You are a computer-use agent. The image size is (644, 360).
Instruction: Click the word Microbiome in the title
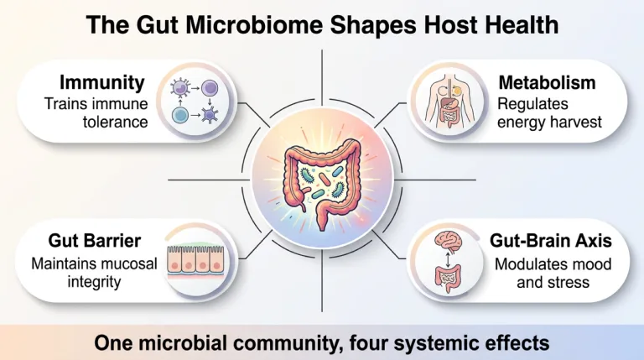tap(254, 25)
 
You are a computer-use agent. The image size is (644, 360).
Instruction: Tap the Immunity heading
tap(102, 82)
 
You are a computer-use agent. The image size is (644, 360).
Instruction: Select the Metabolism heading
tap(547, 82)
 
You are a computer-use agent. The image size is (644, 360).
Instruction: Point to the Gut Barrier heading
tap(95, 241)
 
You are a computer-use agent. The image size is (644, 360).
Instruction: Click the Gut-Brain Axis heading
tap(551, 241)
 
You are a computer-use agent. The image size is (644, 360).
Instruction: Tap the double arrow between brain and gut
tap(448, 260)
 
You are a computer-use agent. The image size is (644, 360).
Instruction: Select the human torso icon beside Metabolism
tap(450, 102)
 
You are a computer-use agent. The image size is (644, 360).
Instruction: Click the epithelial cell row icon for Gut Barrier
tap(195, 260)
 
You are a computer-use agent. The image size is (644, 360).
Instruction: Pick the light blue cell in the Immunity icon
tap(180, 116)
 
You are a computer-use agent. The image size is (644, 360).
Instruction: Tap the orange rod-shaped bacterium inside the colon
tap(325, 180)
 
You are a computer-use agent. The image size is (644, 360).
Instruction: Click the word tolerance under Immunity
tap(116, 122)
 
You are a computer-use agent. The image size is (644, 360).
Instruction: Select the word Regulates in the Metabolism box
tap(532, 104)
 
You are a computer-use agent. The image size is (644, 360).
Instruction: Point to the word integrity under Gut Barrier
tap(94, 282)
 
